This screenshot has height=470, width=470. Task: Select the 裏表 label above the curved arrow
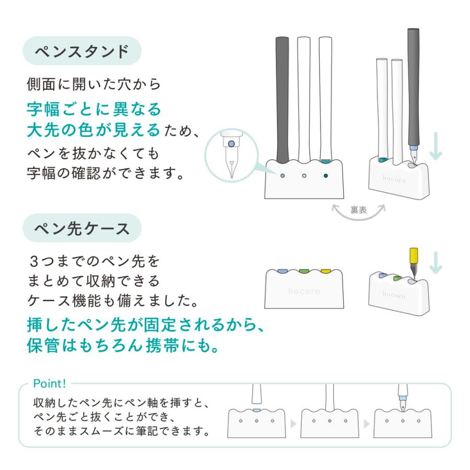tap(359, 210)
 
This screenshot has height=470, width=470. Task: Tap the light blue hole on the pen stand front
tap(282, 176)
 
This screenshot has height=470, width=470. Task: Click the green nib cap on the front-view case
tap(304, 271)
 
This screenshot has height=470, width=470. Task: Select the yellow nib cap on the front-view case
tap(326, 271)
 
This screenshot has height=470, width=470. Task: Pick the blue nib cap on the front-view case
tap(282, 271)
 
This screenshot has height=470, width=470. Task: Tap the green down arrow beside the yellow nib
tap(435, 263)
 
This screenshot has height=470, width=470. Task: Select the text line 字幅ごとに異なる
tap(93, 109)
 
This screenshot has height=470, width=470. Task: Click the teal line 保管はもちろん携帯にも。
tap(122, 347)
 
